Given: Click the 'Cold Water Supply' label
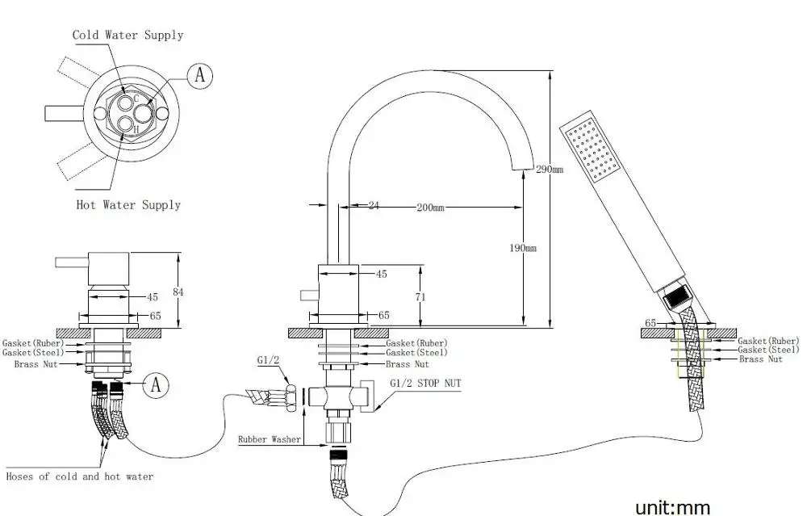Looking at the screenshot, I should pos(128,35).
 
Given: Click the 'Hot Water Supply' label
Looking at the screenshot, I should pos(128,205).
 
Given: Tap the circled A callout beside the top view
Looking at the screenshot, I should pos(200,76).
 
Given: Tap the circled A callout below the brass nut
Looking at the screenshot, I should pos(156,385).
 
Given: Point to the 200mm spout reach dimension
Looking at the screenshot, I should pos(430,207).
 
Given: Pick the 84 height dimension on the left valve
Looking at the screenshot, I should pos(178,292).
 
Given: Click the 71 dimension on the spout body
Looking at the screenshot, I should pos(420,297).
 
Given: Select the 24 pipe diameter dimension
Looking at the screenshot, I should pos(374,206).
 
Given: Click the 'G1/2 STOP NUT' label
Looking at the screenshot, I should pos(425,384).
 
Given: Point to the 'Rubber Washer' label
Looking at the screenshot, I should pos(269,440).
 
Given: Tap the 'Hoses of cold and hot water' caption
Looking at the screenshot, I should pos(79,476).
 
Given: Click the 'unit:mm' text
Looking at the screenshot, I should pos(672,507).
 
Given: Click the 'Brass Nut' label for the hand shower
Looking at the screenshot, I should pos(760,359).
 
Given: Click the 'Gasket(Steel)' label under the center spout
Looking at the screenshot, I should pos(416,353).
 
